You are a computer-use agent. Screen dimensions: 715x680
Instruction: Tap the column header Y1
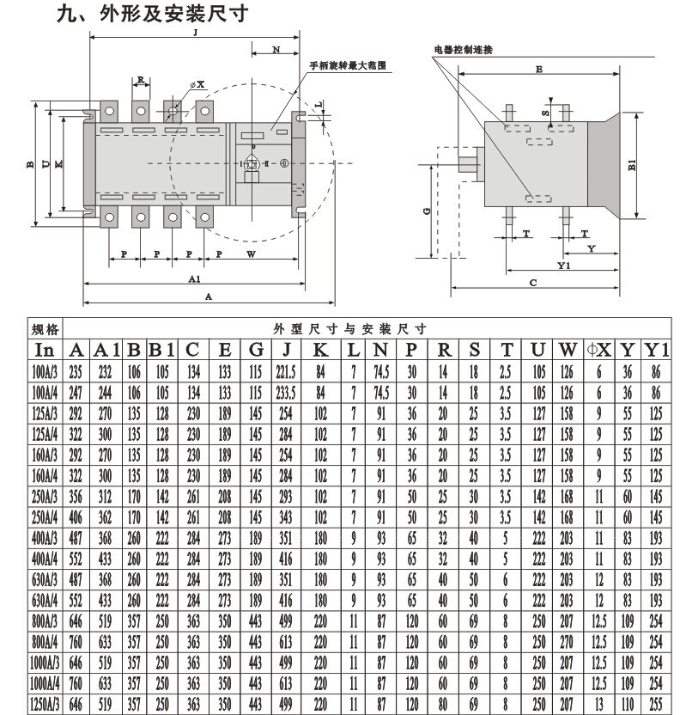(x=656, y=350)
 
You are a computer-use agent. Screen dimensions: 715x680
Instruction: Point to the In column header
(x=44, y=350)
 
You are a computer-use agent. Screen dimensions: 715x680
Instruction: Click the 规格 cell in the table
(x=44, y=329)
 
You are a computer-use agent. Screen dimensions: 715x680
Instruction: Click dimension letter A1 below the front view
(x=194, y=279)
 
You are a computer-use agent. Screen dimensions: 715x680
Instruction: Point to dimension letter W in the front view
(x=251, y=254)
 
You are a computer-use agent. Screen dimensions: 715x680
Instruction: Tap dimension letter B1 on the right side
(x=631, y=166)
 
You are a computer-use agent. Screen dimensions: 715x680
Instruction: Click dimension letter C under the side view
(x=532, y=282)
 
